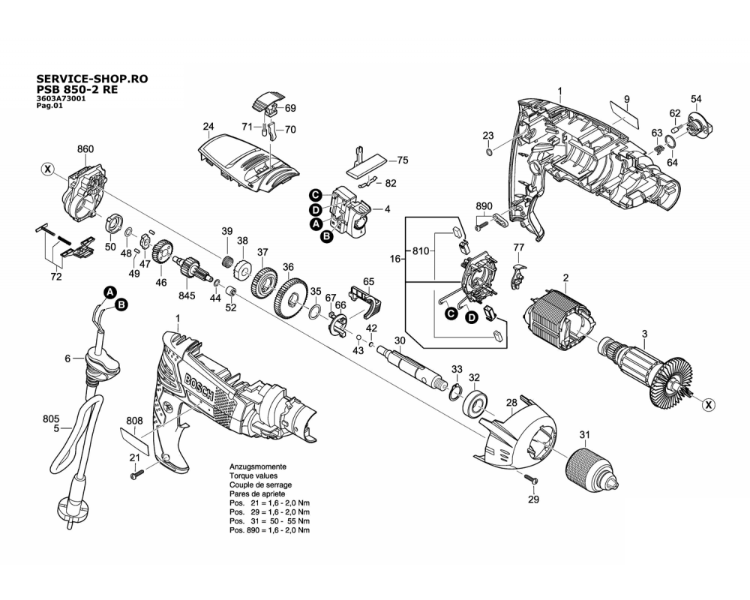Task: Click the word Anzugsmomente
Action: point(257,466)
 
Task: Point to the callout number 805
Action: point(51,418)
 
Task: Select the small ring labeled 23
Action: point(489,153)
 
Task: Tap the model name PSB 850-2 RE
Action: point(76,88)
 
